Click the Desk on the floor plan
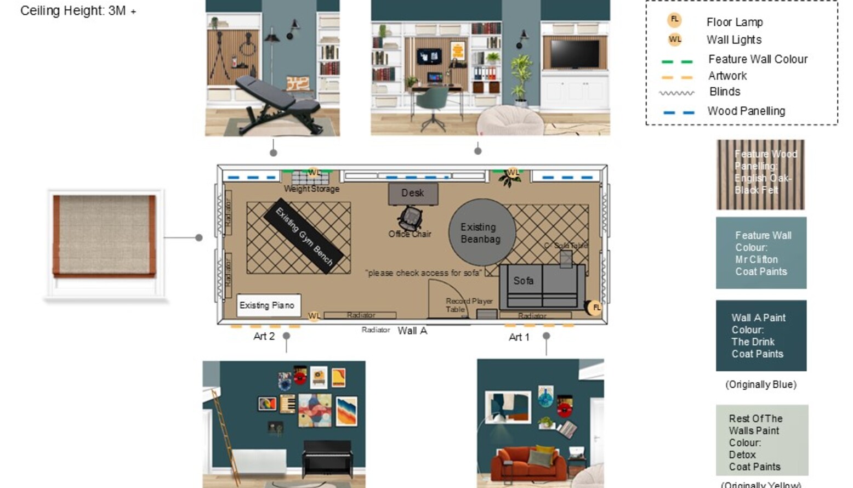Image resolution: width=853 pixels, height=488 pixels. [x=413, y=194]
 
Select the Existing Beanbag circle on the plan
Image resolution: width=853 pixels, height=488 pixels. [x=481, y=232]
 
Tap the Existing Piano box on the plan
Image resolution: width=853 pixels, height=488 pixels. [x=268, y=305]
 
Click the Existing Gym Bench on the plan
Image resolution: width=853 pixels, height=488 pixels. [x=304, y=236]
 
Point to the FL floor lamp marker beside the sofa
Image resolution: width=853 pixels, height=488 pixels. [x=595, y=308]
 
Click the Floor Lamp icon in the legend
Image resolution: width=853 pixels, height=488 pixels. [x=674, y=20]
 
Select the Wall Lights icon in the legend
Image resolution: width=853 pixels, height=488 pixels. [x=674, y=39]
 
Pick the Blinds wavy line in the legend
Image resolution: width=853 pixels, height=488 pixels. [x=676, y=93]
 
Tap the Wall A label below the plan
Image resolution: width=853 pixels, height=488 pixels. [x=412, y=331]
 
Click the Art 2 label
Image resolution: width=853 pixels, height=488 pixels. [x=264, y=336]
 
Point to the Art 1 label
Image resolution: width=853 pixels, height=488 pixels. [x=519, y=337]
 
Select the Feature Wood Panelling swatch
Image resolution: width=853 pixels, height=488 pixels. [x=760, y=174]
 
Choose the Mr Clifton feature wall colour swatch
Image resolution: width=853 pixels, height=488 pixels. [x=761, y=253]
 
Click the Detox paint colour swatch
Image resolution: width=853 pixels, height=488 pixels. [x=761, y=440]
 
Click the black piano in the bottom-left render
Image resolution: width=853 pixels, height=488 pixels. [x=327, y=457]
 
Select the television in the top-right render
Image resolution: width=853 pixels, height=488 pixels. [x=575, y=54]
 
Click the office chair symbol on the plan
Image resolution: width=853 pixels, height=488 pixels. [x=410, y=218]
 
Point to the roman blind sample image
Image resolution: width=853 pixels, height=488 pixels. [x=104, y=236]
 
